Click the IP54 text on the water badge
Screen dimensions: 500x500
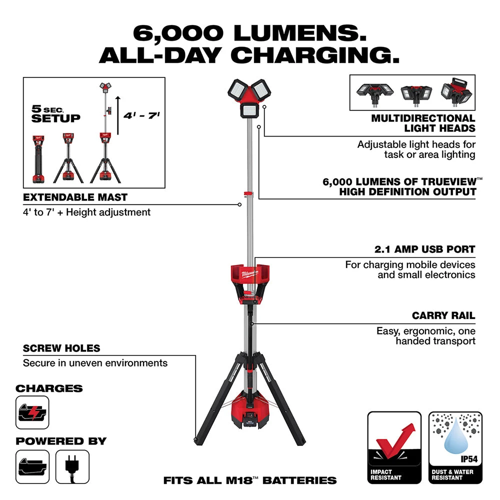(x=469, y=459)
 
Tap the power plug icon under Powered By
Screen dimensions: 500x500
(x=72, y=466)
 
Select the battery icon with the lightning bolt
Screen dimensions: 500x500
(x=32, y=412)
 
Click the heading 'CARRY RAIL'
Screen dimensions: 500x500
(x=443, y=315)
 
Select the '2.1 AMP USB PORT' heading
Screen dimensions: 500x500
(x=424, y=249)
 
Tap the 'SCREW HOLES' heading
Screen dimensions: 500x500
(x=61, y=348)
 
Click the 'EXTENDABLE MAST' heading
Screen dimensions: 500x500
(x=75, y=197)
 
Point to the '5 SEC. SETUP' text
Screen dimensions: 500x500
(x=55, y=114)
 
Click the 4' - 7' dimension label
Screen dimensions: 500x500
(x=141, y=115)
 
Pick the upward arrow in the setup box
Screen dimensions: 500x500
(x=118, y=115)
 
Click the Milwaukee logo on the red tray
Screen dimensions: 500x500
(x=249, y=274)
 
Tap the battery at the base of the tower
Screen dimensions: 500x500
(x=249, y=418)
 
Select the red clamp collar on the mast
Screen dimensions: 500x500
(x=248, y=193)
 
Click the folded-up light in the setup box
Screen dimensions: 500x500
(x=38, y=159)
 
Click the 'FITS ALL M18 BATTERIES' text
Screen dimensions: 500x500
(x=250, y=480)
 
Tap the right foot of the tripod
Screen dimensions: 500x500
(x=301, y=442)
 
